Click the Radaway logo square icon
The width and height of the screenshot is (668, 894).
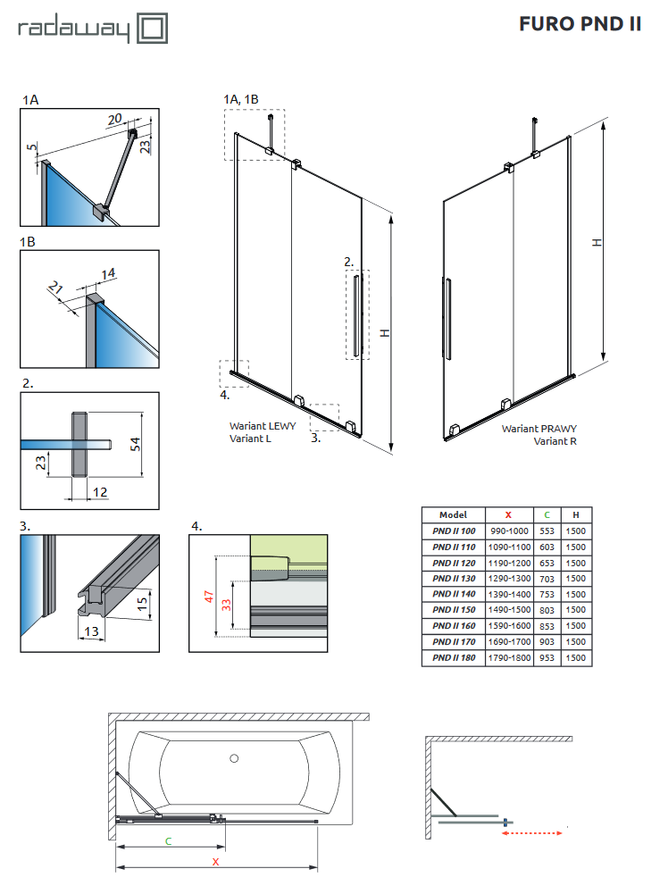151,28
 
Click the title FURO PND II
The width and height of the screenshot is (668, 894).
580,24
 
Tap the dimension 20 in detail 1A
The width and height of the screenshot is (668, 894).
115,119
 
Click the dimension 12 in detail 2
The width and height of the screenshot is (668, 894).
100,492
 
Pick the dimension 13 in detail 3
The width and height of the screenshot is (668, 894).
89,632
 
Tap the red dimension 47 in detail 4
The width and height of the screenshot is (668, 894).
208,596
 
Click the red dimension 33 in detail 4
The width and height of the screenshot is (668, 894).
228,605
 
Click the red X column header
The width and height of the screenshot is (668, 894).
508,514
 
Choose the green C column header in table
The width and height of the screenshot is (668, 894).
547,514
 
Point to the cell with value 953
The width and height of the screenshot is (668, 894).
547,657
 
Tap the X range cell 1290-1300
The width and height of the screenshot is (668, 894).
509,578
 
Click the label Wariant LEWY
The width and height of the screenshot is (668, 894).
263,426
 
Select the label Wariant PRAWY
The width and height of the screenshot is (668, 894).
539,429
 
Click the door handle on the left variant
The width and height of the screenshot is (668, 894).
357,317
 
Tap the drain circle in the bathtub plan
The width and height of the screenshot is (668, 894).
234,759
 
